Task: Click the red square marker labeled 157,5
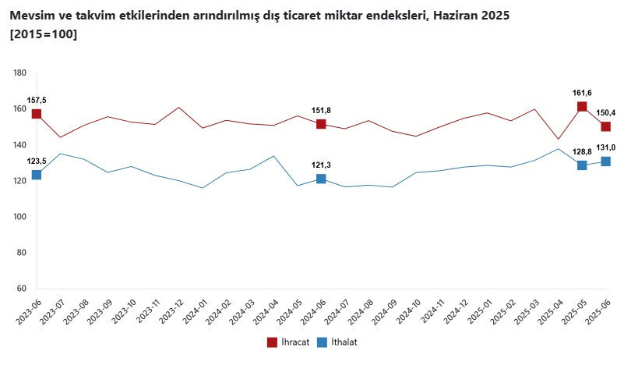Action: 37,114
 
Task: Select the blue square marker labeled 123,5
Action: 37,175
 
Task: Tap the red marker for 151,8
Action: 321,124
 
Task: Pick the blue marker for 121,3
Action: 321,179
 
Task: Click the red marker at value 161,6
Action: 582,107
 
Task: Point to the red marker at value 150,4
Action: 605,126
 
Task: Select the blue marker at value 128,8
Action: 582,165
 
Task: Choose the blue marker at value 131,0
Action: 605,161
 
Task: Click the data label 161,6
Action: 582,93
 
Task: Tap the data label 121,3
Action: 321,165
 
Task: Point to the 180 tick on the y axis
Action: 20,73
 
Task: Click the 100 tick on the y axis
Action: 20,217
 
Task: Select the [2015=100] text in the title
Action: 44,34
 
